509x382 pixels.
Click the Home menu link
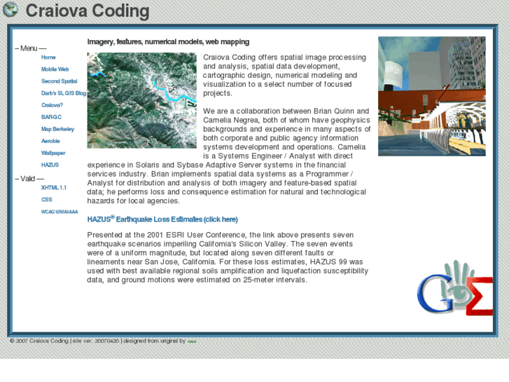48,57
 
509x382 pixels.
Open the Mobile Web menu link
55,69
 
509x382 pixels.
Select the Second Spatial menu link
59,81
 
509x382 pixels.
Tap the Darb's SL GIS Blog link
63,93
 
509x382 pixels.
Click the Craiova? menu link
52,105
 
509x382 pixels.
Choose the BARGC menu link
51,117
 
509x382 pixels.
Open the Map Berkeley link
57,129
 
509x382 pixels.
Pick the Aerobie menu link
50,141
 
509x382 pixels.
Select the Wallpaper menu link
53,153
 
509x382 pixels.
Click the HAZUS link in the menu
50,165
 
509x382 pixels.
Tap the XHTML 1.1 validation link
54,188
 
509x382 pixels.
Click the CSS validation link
46,200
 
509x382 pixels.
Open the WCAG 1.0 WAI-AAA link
60,212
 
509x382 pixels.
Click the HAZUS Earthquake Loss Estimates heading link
162,219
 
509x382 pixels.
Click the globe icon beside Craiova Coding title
11,11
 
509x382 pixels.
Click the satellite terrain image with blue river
141,100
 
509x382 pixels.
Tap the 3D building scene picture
431,96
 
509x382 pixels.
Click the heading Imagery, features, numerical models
168,42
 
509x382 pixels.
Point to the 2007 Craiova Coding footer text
39,341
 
